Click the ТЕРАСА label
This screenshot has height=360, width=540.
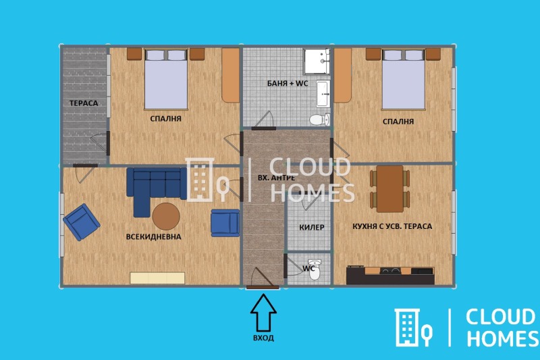84,103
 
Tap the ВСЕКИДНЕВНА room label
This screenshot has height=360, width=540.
154,236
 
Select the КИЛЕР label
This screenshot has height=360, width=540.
312,228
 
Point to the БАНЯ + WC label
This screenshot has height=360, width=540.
288,83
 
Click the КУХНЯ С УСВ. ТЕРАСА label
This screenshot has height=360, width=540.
392,226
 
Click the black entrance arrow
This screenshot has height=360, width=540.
263,313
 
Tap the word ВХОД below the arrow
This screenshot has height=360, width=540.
263,338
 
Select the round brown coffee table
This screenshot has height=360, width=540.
166,216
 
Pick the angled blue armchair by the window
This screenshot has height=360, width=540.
82,222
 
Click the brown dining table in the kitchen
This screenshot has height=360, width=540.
390,189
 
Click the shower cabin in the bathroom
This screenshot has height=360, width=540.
317,61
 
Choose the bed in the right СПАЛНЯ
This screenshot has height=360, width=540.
404,80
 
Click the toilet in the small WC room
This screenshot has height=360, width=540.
315,269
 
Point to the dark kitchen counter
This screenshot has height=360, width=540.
390,276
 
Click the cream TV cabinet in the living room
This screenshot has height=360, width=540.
157,278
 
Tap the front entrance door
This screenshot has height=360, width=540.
263,287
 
